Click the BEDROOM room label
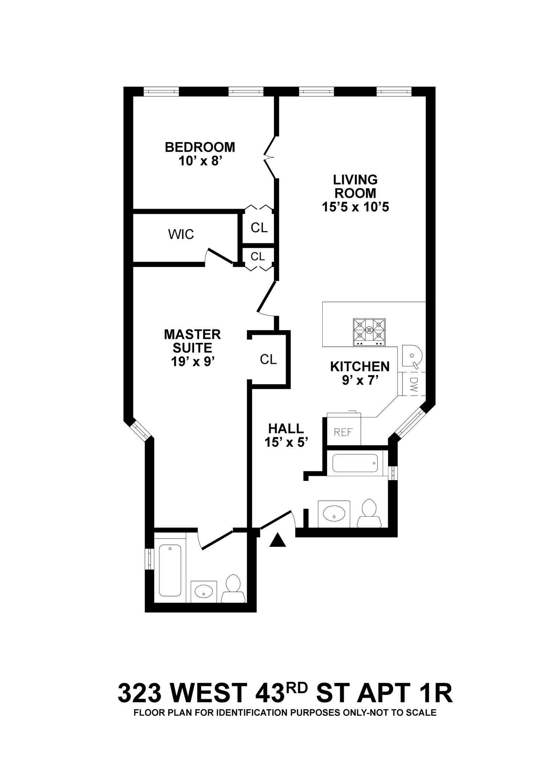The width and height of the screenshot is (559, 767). (200, 147)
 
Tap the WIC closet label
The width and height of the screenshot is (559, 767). (181, 234)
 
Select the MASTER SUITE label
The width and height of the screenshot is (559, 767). (192, 341)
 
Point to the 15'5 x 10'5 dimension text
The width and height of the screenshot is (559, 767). (355, 207)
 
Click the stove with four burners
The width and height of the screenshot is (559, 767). (369, 332)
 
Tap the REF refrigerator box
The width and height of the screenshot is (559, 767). (343, 432)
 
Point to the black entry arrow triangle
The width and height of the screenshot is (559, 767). (278, 540)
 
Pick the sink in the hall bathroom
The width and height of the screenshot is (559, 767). (334, 513)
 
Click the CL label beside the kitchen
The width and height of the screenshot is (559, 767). (268, 359)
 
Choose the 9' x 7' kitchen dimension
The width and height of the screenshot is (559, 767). (360, 380)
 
